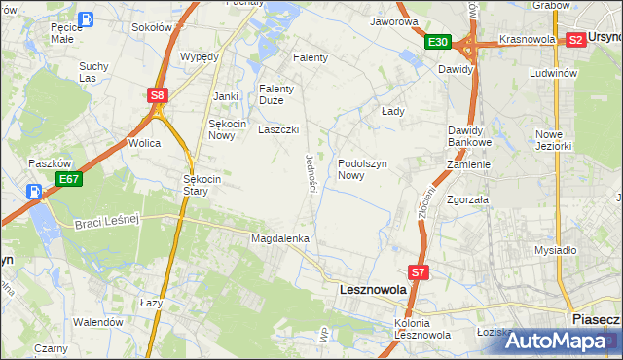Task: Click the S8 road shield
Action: click(x=158, y=94)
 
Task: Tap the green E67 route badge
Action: click(x=68, y=179)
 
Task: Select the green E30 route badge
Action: click(x=437, y=42)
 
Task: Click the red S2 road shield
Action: click(x=575, y=40)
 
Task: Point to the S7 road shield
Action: click(x=418, y=273)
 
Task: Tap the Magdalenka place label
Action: click(x=280, y=238)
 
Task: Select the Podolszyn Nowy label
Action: click(x=364, y=170)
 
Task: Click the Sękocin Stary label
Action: click(x=203, y=185)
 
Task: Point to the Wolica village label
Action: click(x=144, y=143)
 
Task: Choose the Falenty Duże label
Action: click(x=276, y=94)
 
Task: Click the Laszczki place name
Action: click(x=277, y=129)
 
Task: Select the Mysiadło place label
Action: click(x=555, y=250)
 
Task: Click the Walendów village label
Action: click(x=98, y=321)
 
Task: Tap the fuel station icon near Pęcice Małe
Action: click(x=86, y=18)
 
